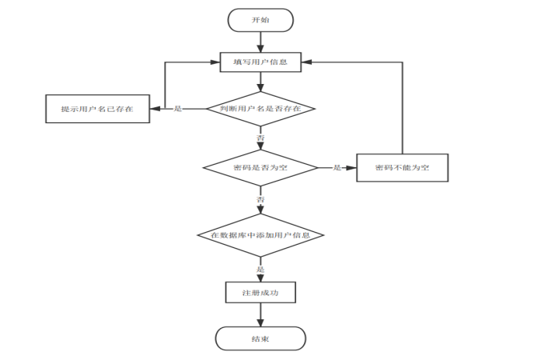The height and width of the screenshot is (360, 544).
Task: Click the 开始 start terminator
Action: point(260,20)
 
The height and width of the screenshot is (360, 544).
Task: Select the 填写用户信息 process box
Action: point(261,62)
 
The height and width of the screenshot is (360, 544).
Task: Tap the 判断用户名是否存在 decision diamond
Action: point(261,109)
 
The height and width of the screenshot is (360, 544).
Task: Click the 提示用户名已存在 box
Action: point(98,109)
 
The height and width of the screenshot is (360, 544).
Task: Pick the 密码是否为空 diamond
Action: point(261,168)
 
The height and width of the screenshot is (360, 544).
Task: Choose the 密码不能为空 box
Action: point(402,168)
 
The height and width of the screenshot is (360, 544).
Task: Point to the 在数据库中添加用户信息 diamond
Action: point(261,235)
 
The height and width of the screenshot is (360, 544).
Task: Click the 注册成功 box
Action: point(261,292)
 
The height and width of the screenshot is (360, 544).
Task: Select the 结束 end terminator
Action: point(261,338)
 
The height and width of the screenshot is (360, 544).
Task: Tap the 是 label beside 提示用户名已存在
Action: point(178,109)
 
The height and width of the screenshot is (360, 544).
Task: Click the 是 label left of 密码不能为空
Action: point(338,168)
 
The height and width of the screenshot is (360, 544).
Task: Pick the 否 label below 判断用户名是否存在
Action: point(261,138)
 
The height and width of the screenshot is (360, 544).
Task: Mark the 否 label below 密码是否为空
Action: point(261,199)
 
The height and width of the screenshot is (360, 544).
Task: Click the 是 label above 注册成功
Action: point(261,270)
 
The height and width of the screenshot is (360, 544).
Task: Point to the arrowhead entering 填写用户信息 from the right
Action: point(306,62)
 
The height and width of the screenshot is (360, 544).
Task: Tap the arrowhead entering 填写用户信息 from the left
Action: point(215,62)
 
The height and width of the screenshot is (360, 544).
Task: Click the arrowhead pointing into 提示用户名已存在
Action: point(155,109)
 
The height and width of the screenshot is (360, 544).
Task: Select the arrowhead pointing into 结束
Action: point(261,322)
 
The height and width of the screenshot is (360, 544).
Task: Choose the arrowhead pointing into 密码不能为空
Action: point(351,168)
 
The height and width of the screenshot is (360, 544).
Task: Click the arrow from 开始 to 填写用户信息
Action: point(261,42)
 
